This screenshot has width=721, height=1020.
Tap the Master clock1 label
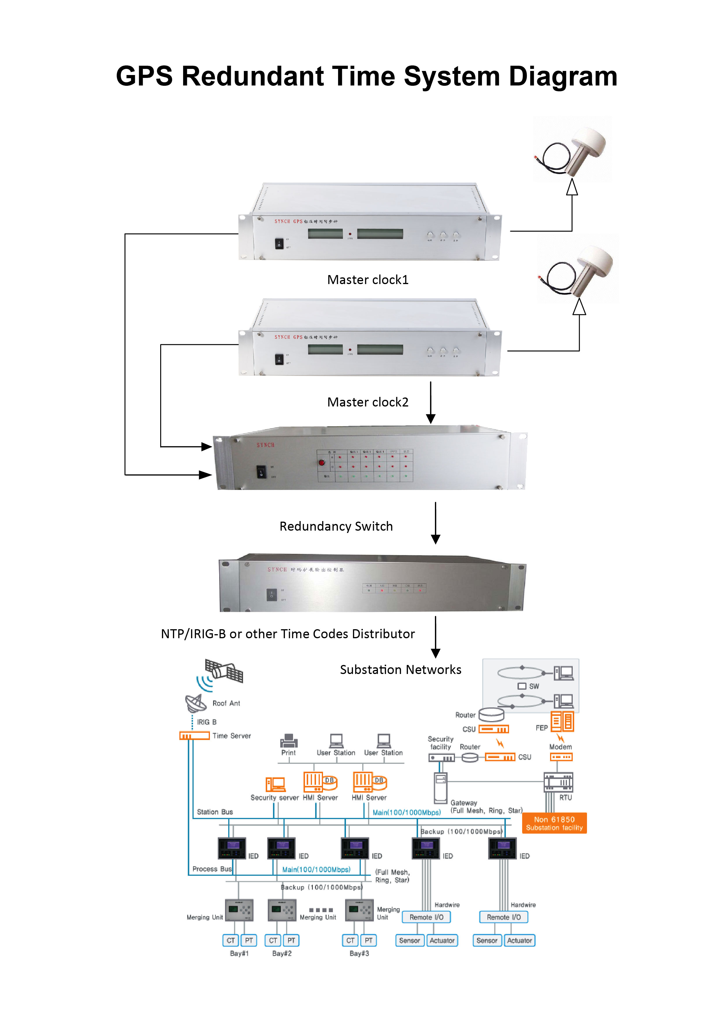(x=367, y=280)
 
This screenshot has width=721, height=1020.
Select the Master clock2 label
(x=367, y=402)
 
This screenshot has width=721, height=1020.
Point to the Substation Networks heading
(x=400, y=670)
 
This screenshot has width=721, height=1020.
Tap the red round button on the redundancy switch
(x=322, y=463)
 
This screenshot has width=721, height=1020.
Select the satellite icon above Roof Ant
(x=224, y=671)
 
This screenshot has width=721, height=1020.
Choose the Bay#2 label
(x=282, y=953)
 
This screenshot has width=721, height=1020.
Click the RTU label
(x=565, y=798)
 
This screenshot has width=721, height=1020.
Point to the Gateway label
(x=463, y=803)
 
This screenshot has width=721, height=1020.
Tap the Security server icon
(x=275, y=784)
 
